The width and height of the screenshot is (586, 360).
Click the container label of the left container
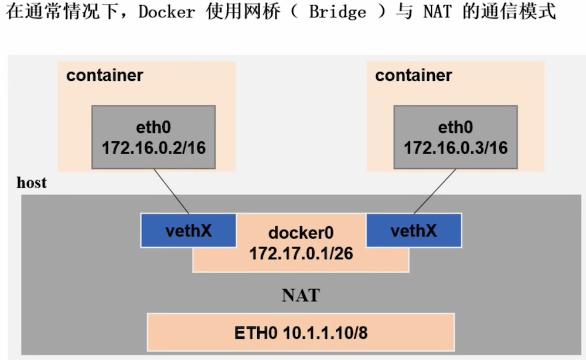point(104,76)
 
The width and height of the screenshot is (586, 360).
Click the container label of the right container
point(413,76)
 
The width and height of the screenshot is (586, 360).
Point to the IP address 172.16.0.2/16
point(154,147)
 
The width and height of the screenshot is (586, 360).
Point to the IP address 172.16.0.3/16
point(455,147)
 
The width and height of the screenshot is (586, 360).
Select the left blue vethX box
point(188,230)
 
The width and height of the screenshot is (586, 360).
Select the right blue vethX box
point(414,230)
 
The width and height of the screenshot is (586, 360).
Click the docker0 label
point(301,233)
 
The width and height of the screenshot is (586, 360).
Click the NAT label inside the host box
point(301,295)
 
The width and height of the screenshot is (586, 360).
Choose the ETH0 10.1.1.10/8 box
point(301,332)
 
